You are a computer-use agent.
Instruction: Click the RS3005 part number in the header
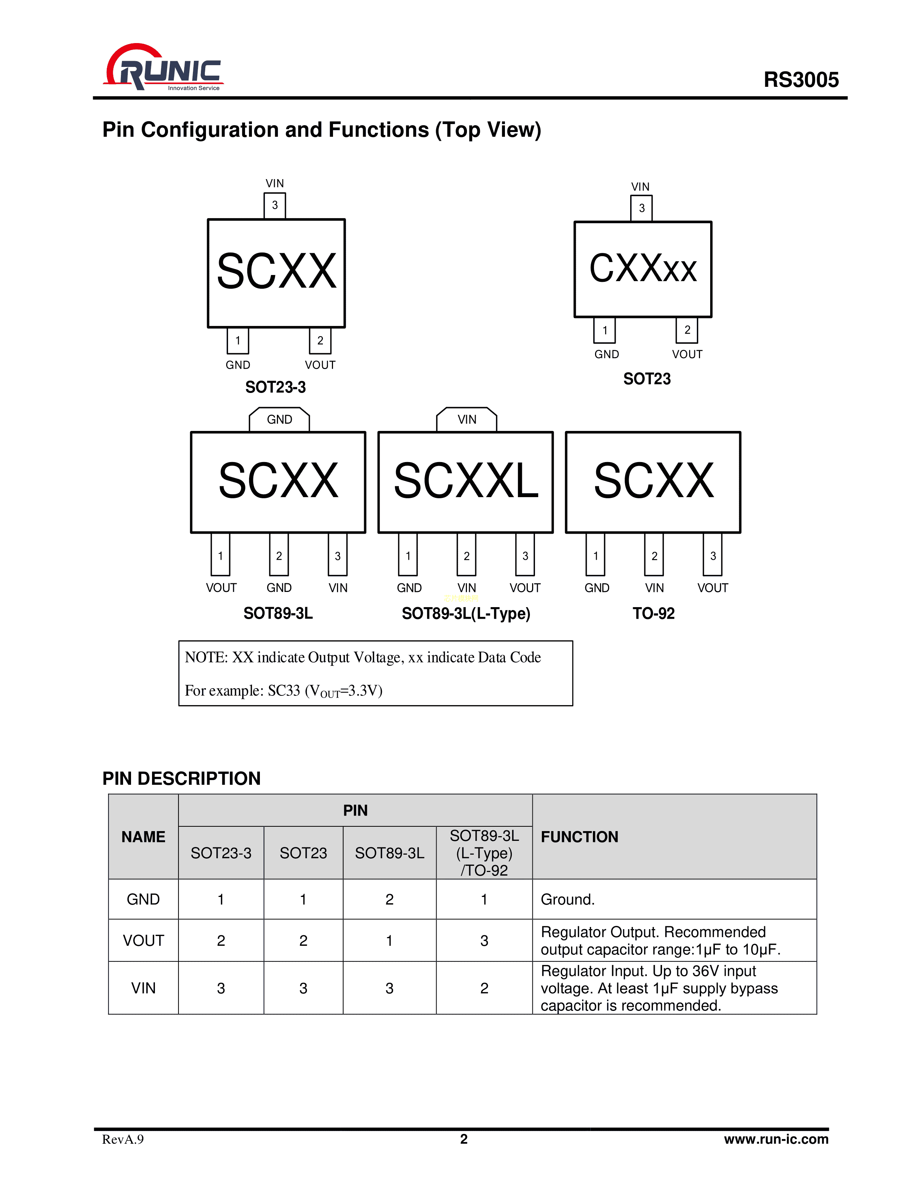click(x=801, y=80)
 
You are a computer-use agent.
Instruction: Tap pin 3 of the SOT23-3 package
click(x=274, y=206)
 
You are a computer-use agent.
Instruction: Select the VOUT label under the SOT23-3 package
click(x=320, y=365)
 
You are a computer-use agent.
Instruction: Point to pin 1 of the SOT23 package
click(x=604, y=330)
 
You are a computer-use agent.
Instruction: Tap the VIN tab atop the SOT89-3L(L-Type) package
click(x=467, y=419)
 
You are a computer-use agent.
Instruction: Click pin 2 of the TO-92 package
click(x=654, y=555)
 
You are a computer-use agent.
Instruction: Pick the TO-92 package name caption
click(x=653, y=613)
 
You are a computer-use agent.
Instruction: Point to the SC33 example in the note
click(x=284, y=690)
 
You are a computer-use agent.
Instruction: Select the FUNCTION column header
click(x=579, y=837)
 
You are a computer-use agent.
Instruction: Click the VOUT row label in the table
click(x=143, y=940)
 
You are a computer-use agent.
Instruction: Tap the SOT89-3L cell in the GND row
click(x=389, y=899)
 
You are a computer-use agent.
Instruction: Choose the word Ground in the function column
click(x=566, y=899)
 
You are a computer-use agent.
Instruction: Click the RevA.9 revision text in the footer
click(x=123, y=1139)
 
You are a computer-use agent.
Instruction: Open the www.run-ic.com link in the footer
click(x=776, y=1139)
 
